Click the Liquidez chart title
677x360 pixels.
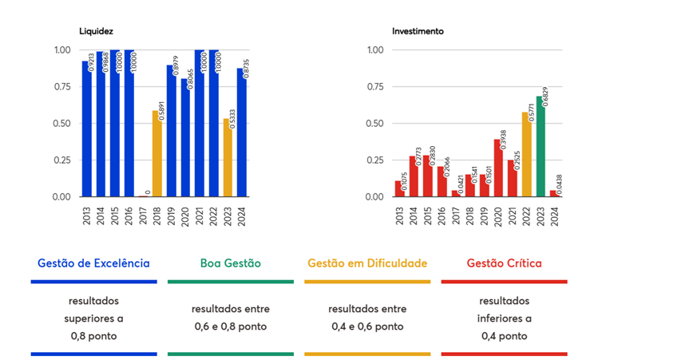click(x=96, y=31)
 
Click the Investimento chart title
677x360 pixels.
click(x=418, y=31)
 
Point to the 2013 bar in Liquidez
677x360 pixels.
click(x=85, y=129)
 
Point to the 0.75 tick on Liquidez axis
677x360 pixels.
click(x=62, y=87)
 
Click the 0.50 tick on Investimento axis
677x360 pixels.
click(x=375, y=124)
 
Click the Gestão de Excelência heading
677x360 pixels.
click(x=93, y=263)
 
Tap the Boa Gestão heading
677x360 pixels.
click(x=231, y=263)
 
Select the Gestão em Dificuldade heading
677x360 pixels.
click(x=367, y=263)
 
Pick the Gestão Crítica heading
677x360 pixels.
click(x=504, y=263)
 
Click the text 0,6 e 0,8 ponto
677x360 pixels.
click(x=231, y=326)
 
